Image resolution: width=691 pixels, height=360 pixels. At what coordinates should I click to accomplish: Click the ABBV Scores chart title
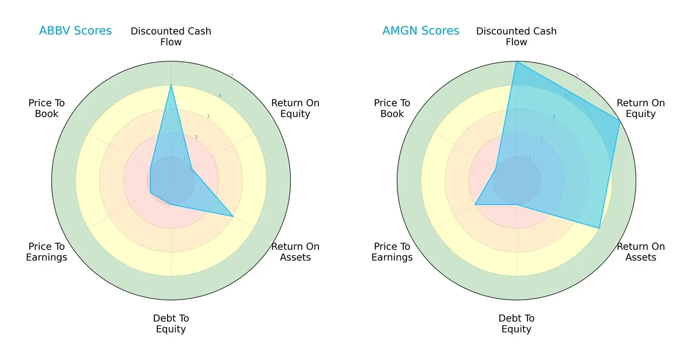75,31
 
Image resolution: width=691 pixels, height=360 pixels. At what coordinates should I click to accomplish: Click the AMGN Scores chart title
420,31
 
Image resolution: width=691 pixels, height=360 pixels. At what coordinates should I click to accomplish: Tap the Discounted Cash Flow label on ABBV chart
171,36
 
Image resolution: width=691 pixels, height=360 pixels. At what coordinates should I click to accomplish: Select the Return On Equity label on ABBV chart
295,108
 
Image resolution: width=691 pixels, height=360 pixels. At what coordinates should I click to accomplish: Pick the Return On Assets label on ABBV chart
295,252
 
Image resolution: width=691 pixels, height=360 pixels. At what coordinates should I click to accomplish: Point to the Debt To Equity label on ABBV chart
171,324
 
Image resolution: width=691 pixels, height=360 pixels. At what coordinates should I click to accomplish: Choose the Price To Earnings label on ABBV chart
47,252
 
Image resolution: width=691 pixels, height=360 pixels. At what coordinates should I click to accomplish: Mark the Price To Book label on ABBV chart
47,108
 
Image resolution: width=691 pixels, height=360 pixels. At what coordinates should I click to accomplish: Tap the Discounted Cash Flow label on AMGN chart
517,36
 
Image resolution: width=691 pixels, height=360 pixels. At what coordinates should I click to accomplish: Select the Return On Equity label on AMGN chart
640,108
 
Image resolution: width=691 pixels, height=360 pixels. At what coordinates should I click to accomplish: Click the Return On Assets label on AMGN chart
640,252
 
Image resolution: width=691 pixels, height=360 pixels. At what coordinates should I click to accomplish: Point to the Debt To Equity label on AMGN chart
517,324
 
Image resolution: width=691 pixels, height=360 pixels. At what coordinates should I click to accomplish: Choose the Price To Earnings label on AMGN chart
392,252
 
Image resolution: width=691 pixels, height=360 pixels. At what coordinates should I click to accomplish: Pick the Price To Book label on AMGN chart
392,108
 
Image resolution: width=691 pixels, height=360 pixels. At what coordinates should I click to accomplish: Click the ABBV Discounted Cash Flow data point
171,85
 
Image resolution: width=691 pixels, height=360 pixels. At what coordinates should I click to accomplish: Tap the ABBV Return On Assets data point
233,216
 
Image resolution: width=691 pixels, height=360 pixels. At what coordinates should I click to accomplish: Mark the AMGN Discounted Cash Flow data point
517,62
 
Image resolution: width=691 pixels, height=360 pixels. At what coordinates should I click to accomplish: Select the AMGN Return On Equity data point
620,120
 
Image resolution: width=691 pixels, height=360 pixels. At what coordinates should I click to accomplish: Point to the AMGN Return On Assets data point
599,228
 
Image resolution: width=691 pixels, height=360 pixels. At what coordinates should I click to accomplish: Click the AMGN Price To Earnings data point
475,204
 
